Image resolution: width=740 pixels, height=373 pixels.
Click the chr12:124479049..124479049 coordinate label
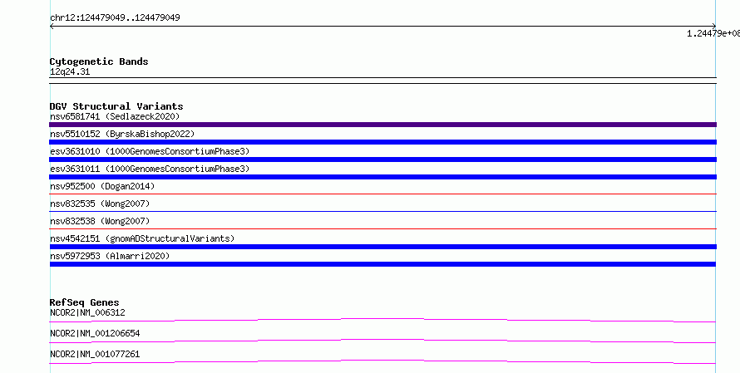pos(115,18)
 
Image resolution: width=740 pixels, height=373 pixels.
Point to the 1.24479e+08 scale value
pos(713,33)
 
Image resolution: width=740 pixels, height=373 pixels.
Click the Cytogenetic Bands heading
pos(99,61)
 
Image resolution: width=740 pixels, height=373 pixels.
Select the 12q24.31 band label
pos(70,72)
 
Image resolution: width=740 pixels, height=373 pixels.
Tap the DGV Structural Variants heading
pos(116,106)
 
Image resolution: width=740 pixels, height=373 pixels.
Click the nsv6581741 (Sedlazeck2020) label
pos(115,116)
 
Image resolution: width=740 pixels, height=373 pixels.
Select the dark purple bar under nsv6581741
pos(382,125)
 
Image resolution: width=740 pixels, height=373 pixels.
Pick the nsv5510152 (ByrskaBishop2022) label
pos(122,134)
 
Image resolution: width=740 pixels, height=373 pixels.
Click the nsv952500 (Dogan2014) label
pos(102,186)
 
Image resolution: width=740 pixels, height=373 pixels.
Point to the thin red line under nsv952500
pos(382,194)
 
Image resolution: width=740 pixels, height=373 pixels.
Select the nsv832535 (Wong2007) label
pos(100,204)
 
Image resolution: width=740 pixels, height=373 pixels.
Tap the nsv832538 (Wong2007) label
pos(100,221)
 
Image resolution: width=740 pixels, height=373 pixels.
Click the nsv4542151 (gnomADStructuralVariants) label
pos(142,238)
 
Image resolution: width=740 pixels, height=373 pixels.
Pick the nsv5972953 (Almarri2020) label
pos(110,256)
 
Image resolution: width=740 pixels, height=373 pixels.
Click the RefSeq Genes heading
pos(85,302)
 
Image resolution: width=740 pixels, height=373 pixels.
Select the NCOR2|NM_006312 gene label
pos(87,312)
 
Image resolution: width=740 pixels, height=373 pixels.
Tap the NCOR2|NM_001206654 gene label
pos(95,333)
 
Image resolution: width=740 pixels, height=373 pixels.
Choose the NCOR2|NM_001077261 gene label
pos(95,354)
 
